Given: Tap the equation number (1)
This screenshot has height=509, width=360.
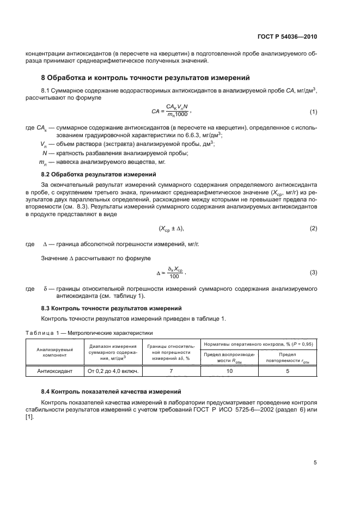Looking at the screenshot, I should click(313, 112).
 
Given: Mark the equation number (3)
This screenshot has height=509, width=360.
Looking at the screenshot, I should click(313, 272).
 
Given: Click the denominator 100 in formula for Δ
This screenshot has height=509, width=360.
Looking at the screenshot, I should click(174, 276).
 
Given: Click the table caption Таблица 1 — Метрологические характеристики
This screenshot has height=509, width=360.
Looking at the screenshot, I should click(87, 332).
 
